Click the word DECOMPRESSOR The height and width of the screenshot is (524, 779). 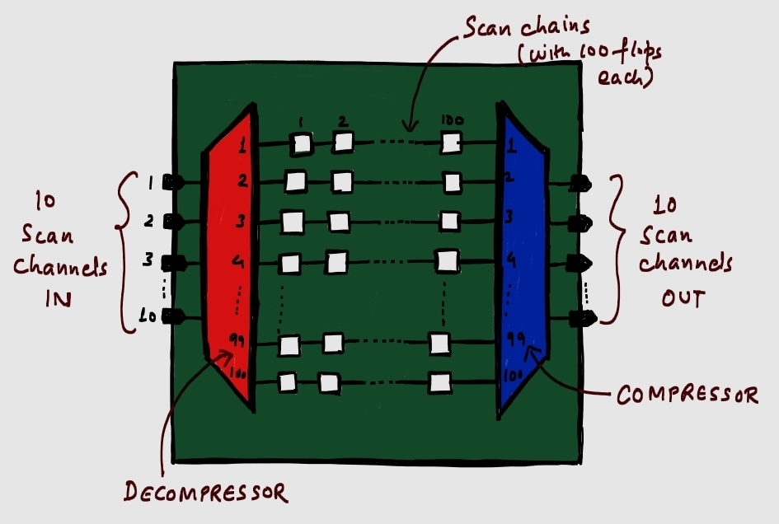(205, 493)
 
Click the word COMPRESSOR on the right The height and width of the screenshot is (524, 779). (687, 396)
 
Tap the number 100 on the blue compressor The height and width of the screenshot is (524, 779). (511, 375)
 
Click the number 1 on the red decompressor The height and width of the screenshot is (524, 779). (242, 147)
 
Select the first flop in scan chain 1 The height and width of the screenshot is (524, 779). (303, 144)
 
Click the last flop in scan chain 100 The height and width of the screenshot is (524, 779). (440, 383)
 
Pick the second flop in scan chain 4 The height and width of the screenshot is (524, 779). (336, 263)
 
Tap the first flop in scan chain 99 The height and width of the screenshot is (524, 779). (289, 345)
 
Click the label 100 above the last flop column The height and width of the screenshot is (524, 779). (452, 120)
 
